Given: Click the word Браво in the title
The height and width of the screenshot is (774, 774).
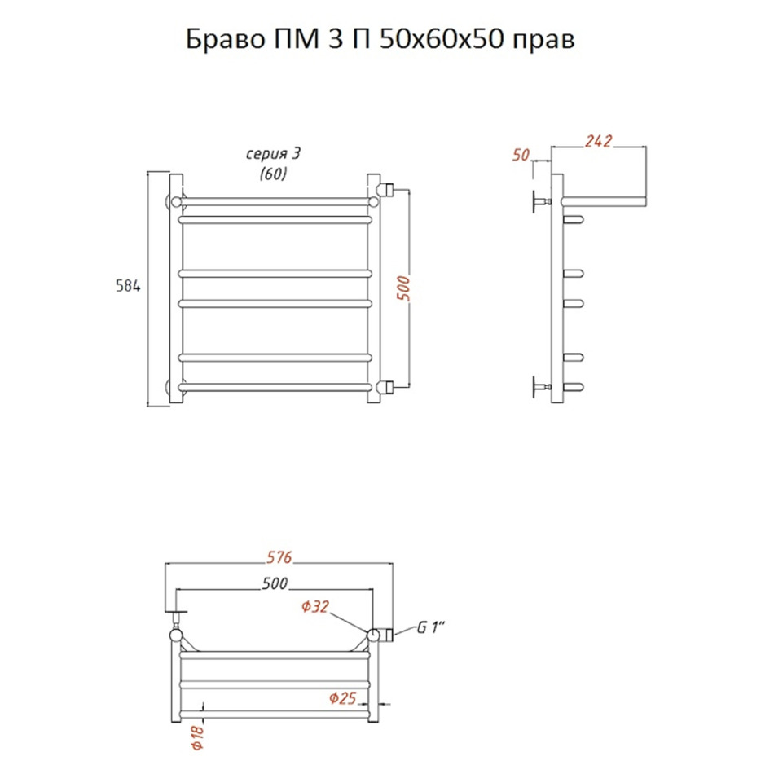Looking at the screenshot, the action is tap(226, 39).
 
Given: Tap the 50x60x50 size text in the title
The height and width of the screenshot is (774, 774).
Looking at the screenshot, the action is tap(442, 39).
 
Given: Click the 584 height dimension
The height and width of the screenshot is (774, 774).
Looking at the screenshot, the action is tap(128, 286).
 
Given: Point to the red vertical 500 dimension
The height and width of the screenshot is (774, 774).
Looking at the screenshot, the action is tap(403, 288).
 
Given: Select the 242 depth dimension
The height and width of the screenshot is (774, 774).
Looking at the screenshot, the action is tap(598, 141).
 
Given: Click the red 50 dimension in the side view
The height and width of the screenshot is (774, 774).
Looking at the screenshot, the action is tap(521, 155).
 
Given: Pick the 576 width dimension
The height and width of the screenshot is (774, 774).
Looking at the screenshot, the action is tap(279, 557).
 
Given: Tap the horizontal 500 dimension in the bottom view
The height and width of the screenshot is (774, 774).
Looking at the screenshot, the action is tap(275, 583).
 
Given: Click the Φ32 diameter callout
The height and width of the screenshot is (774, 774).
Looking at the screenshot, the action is tap(315, 606).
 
